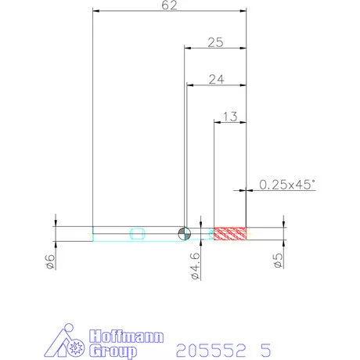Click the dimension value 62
(x=169, y=5)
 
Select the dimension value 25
(x=215, y=42)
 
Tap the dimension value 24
(x=216, y=79)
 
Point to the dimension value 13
(x=230, y=117)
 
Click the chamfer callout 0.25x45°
(x=287, y=185)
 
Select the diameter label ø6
(x=49, y=261)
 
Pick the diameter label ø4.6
(x=196, y=266)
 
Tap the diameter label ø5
(x=279, y=260)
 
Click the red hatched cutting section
(x=230, y=233)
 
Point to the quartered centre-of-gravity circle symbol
(x=185, y=233)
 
